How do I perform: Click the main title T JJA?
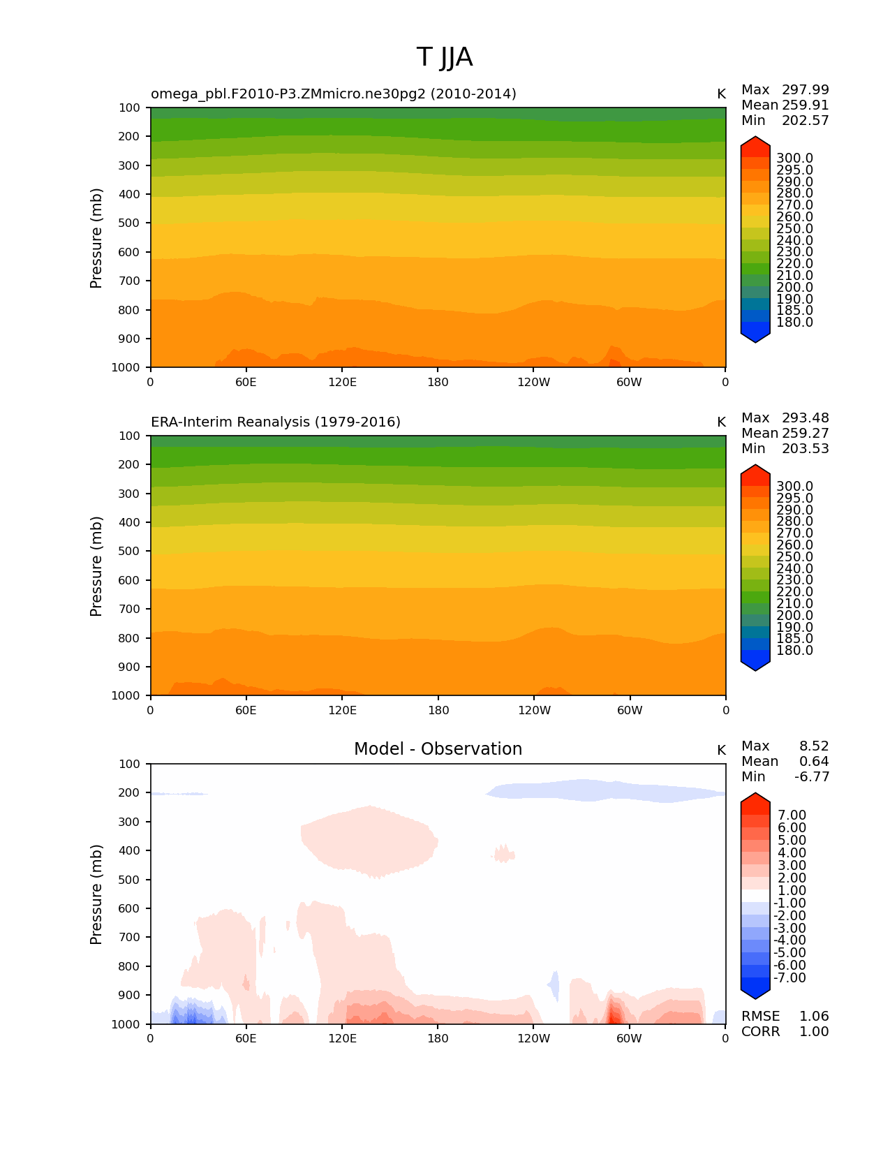coord(445,57)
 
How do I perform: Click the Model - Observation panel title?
coord(438,749)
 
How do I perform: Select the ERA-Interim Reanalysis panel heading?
coord(276,422)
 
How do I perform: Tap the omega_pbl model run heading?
coord(334,94)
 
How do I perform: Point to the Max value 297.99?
coord(805,90)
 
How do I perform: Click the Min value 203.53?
coord(805,449)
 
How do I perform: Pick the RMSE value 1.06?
coord(814,1017)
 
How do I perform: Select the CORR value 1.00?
coord(814,1032)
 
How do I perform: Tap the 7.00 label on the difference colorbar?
coord(792,815)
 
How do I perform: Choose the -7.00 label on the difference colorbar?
coord(789,978)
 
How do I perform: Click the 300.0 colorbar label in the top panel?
coord(794,158)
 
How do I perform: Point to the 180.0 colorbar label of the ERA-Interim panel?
coord(794,651)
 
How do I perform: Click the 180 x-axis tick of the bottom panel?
coord(438,1038)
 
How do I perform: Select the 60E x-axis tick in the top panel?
coord(246,382)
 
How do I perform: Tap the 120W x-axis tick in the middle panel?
coord(534,710)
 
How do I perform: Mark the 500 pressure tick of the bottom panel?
coord(130,880)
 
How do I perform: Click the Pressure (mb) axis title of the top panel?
coord(96,238)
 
